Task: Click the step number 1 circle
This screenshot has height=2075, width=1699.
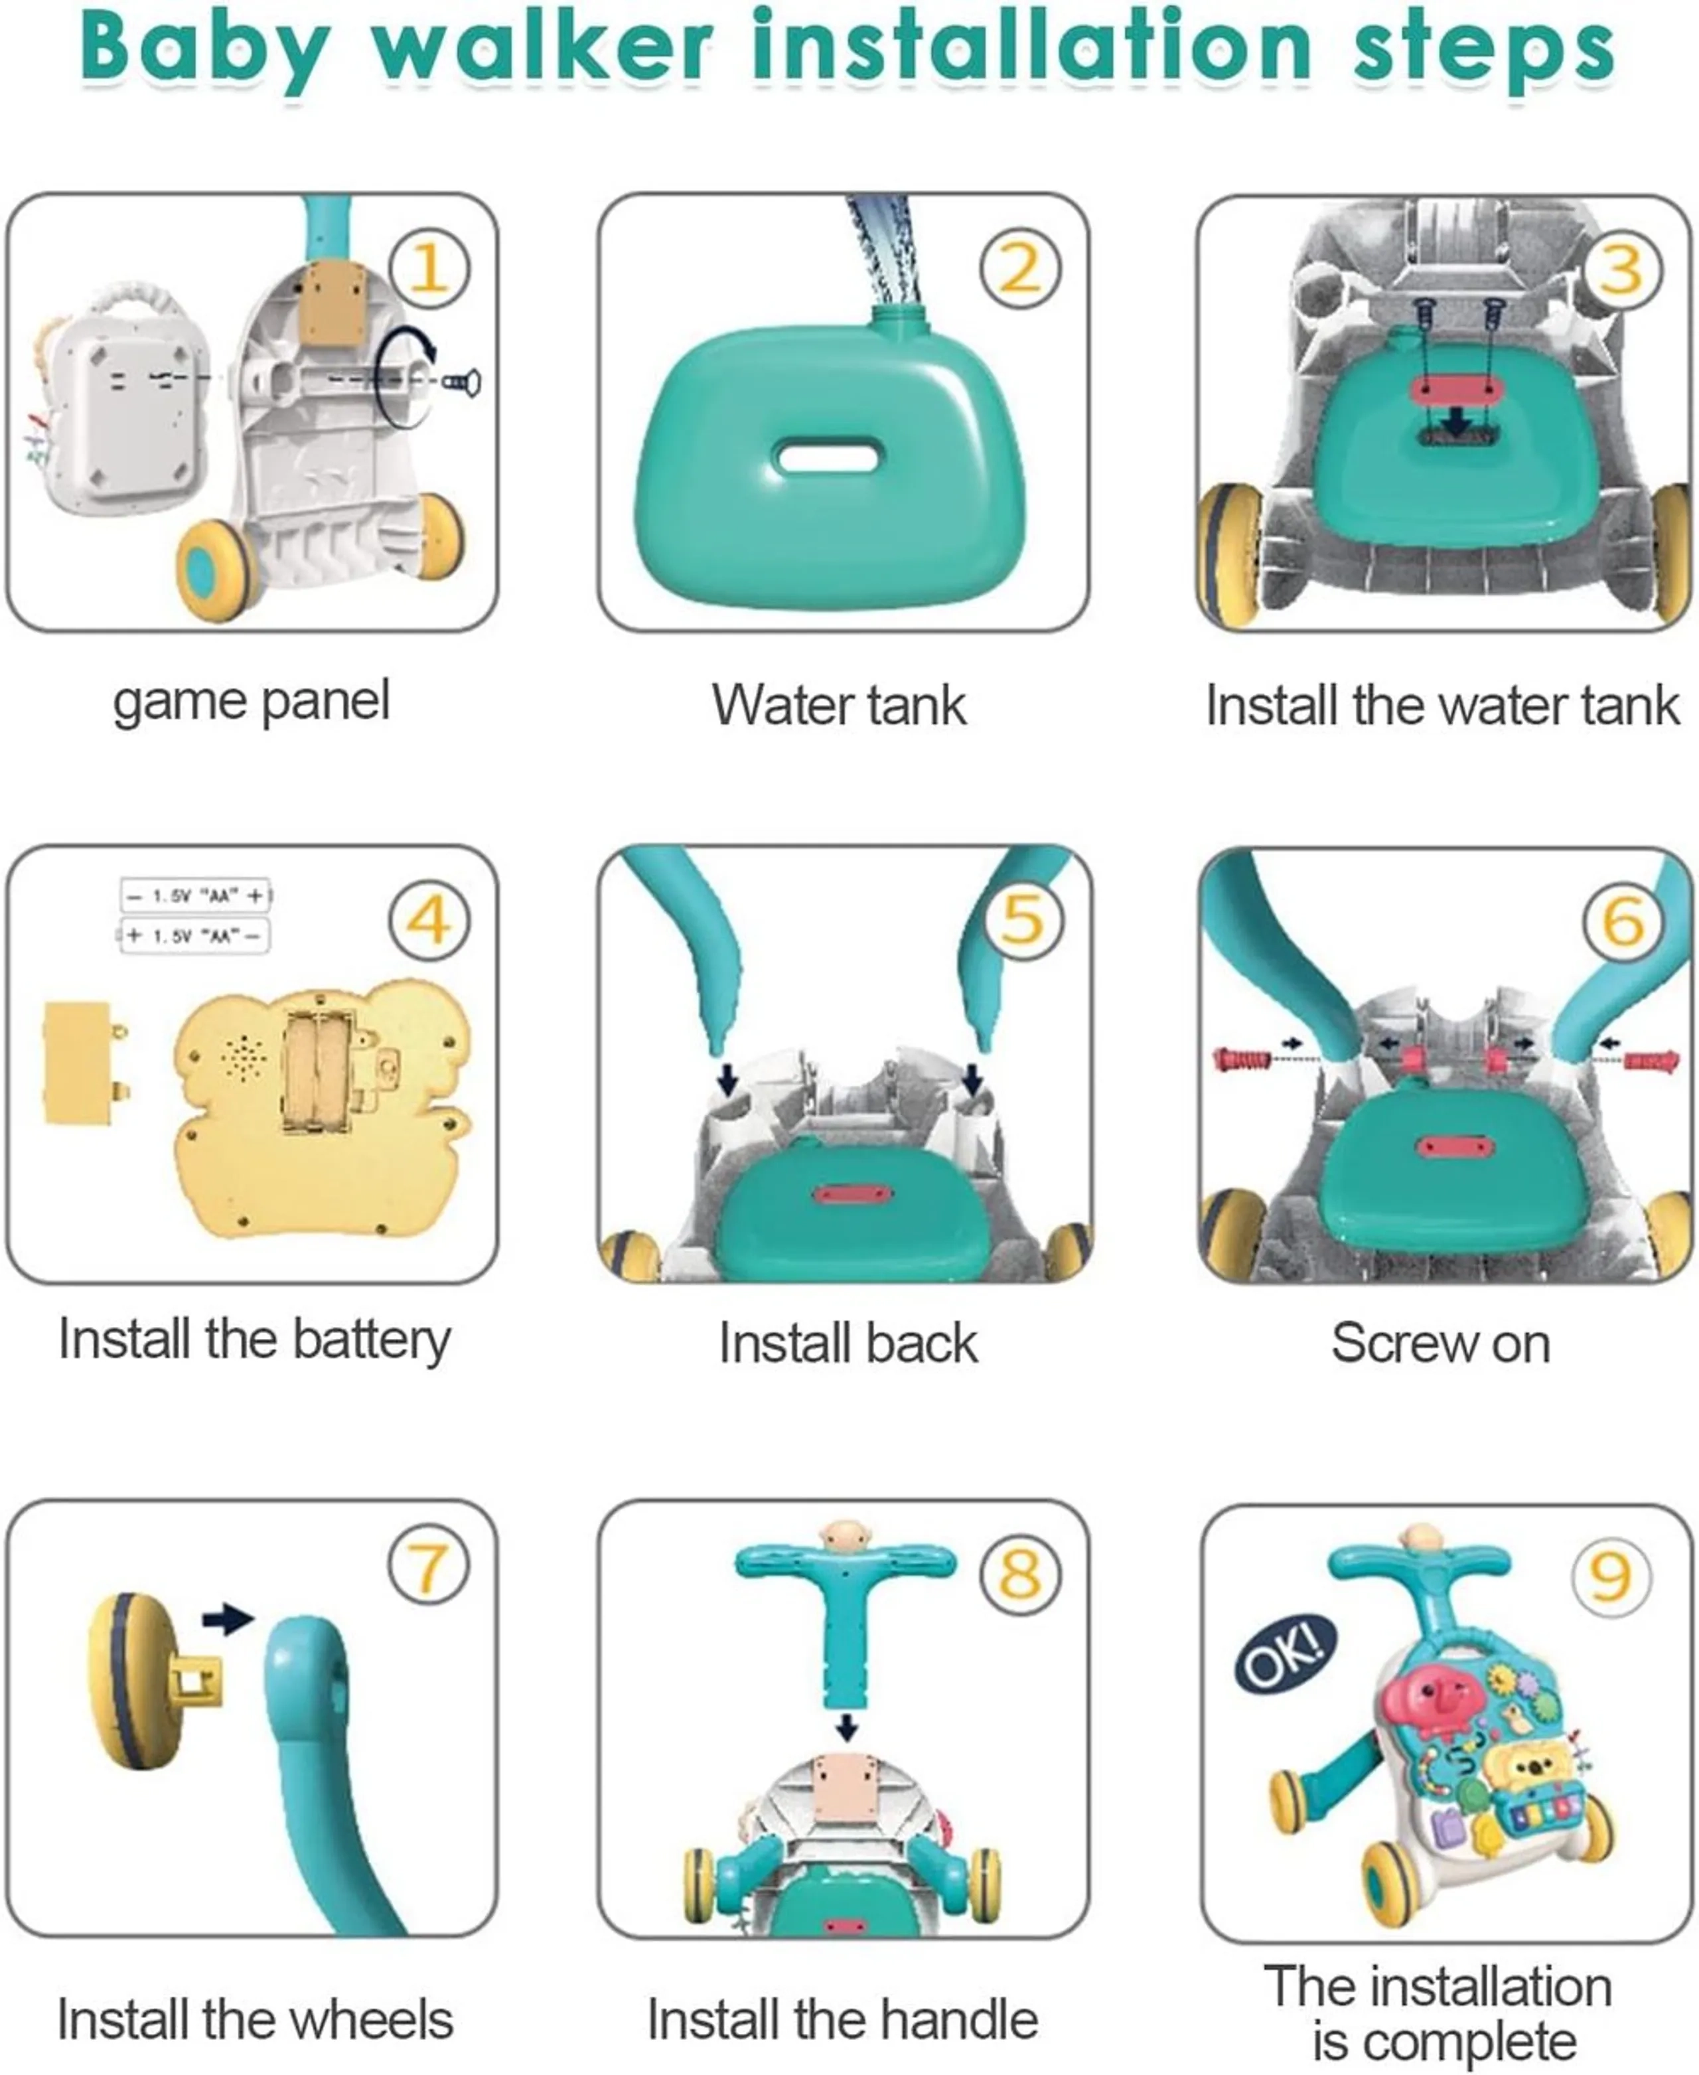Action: point(429,268)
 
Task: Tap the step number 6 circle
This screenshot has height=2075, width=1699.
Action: point(1623,920)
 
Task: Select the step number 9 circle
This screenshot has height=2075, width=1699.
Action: point(1611,1576)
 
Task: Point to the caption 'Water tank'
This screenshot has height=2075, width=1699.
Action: point(839,705)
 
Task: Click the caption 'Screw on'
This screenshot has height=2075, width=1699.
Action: point(1441,1343)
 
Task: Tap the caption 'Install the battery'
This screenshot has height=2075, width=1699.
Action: point(254,1339)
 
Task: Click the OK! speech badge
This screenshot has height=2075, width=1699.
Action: point(1285,1653)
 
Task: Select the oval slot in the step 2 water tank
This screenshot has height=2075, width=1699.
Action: point(827,456)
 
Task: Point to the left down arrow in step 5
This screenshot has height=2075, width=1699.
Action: point(727,1079)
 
